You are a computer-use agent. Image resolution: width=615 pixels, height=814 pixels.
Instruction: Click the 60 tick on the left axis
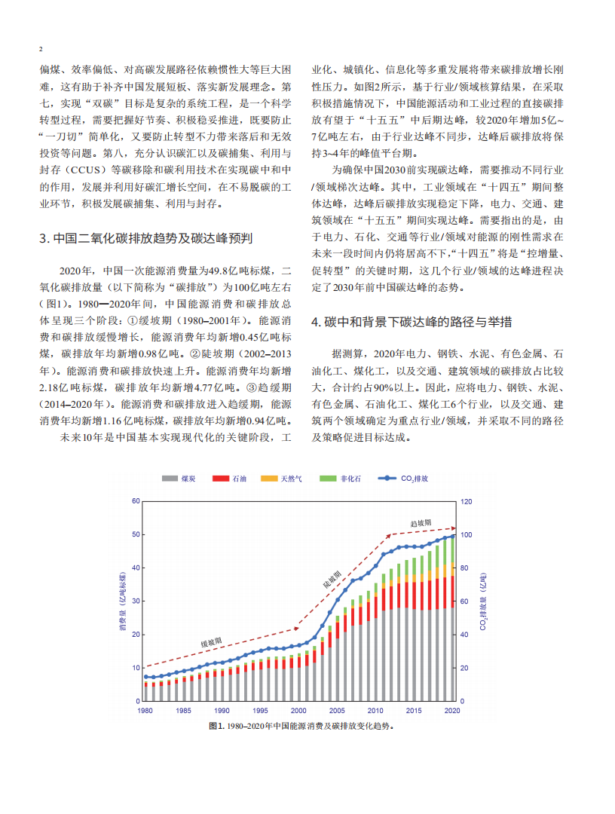pyautogui.click(x=136, y=501)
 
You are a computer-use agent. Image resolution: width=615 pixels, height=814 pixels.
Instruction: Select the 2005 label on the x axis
pyautogui.click(x=337, y=710)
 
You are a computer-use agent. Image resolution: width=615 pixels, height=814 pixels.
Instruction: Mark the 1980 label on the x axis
pyautogui.click(x=145, y=710)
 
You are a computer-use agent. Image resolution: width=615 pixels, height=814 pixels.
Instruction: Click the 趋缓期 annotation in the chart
pyautogui.click(x=421, y=522)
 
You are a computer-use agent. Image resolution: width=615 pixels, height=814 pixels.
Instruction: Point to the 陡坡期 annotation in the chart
pyautogui.click(x=332, y=579)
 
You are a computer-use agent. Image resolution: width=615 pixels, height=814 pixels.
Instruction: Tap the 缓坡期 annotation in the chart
pyautogui.click(x=211, y=642)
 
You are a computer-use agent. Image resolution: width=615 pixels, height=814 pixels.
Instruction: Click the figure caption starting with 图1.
pyautogui.click(x=301, y=727)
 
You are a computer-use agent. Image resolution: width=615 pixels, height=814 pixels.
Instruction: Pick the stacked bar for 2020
pyautogui.click(x=452, y=618)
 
